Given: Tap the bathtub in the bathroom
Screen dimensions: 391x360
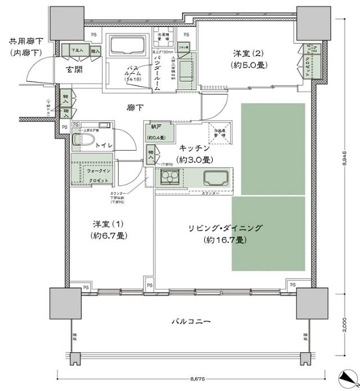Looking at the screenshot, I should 127,46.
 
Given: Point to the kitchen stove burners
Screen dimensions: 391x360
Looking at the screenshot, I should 169,179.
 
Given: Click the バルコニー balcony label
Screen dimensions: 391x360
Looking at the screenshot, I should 191,322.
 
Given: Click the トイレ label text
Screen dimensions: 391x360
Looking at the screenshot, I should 103,145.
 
